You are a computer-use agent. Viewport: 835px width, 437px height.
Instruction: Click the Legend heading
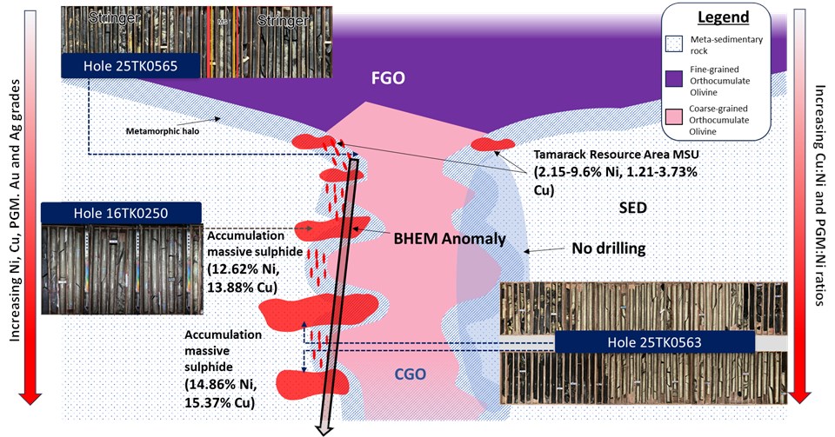[726, 17]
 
